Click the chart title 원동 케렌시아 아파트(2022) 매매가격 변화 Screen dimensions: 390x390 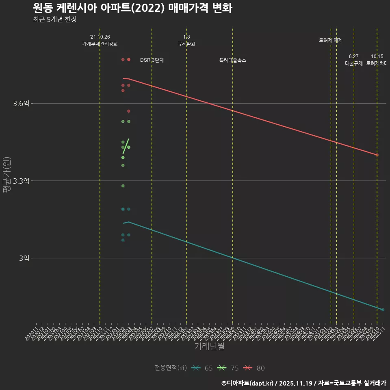[132, 9]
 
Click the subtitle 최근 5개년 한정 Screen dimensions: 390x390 [54, 19]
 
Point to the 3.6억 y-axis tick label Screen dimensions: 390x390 [21, 104]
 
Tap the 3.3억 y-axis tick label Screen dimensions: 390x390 [21, 181]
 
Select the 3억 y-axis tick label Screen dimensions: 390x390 [24, 258]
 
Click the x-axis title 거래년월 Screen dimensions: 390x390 [209, 347]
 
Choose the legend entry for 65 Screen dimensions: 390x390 [203, 368]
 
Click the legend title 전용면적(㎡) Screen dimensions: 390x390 [171, 368]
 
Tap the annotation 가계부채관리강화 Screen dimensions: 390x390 [100, 44]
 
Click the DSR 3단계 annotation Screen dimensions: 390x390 [152, 60]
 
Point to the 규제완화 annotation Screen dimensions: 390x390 [186, 44]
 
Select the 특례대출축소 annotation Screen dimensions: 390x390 [233, 60]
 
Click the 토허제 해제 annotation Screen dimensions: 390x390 [331, 40]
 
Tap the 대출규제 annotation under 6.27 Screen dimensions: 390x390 [354, 63]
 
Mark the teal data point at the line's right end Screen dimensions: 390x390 [383, 310]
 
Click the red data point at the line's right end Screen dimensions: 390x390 [377, 155]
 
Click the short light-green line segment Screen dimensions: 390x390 [126, 146]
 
